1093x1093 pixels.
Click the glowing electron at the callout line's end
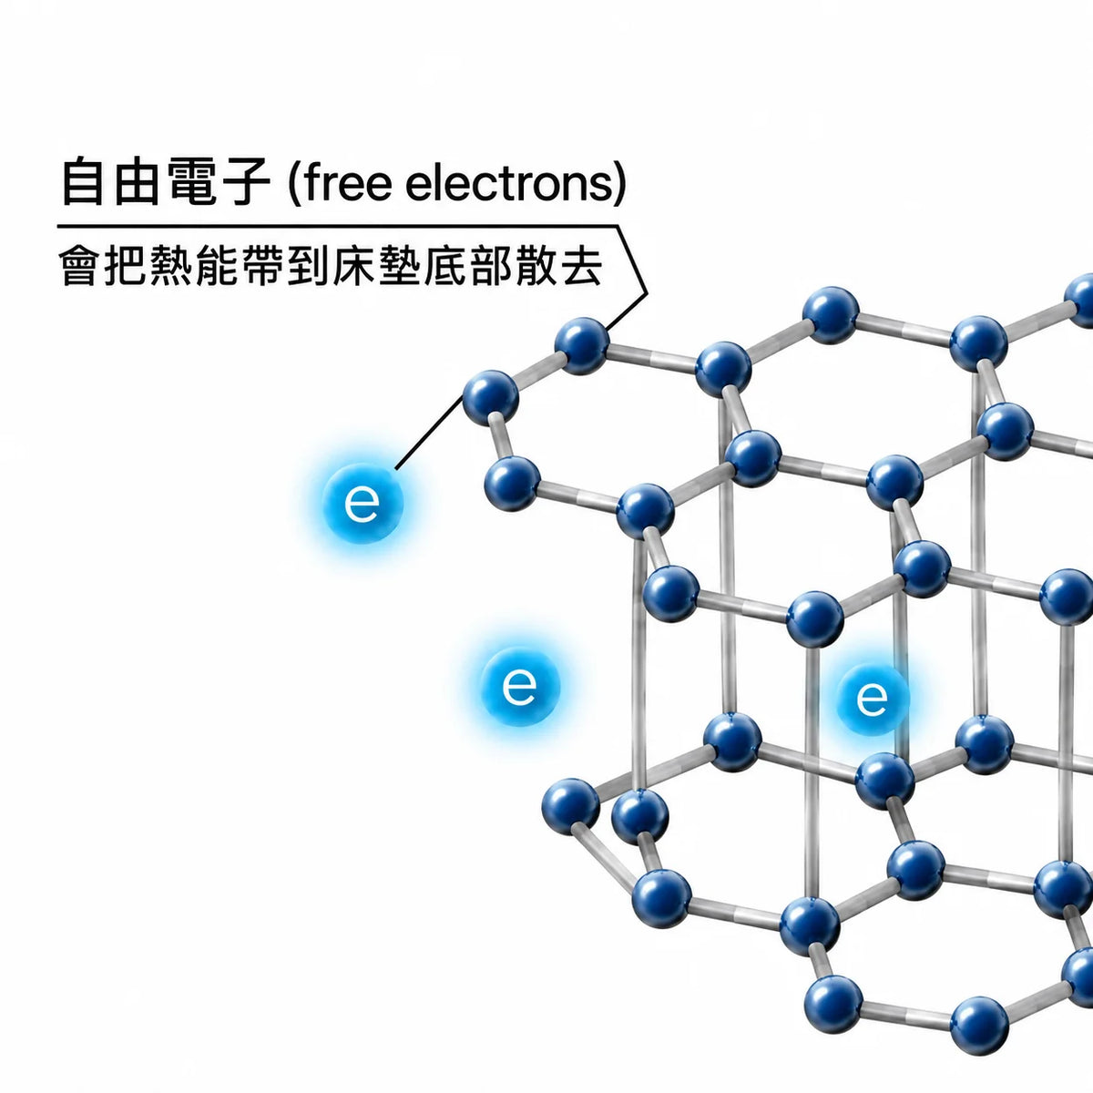(363, 504)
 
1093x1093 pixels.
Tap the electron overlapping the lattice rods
(872, 700)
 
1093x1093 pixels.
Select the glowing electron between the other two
(519, 687)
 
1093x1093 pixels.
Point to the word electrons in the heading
(509, 183)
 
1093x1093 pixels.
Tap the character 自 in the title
(84, 181)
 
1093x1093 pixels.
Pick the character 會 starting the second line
(79, 265)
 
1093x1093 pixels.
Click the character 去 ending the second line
(580, 265)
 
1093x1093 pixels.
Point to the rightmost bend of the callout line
(646, 293)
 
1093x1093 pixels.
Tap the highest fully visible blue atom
(831, 315)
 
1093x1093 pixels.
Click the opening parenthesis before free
(294, 183)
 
